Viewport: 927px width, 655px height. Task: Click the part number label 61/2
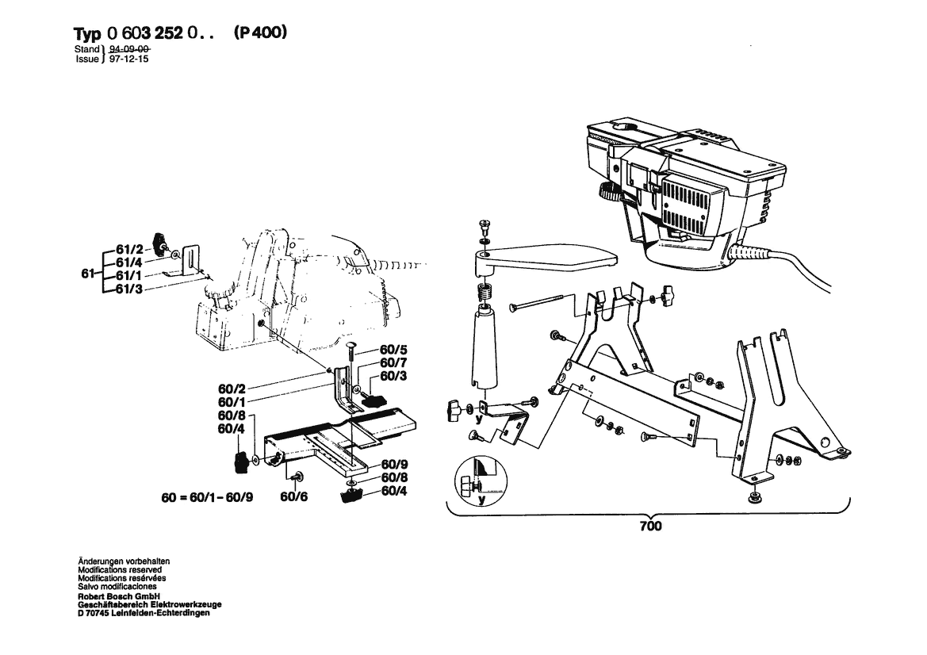tap(128, 250)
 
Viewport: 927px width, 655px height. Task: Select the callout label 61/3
tap(128, 288)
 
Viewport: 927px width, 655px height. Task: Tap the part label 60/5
tap(394, 350)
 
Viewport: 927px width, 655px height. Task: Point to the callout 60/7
tap(394, 362)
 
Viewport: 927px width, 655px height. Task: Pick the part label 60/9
tap(394, 464)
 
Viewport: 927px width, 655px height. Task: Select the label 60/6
tap(293, 498)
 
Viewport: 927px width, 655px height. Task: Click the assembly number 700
tap(650, 526)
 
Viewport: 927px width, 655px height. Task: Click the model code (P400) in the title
tap(260, 34)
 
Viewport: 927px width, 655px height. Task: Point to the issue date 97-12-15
tap(128, 59)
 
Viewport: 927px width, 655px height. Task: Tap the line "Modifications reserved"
tap(120, 569)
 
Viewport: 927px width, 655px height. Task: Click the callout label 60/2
tap(232, 389)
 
